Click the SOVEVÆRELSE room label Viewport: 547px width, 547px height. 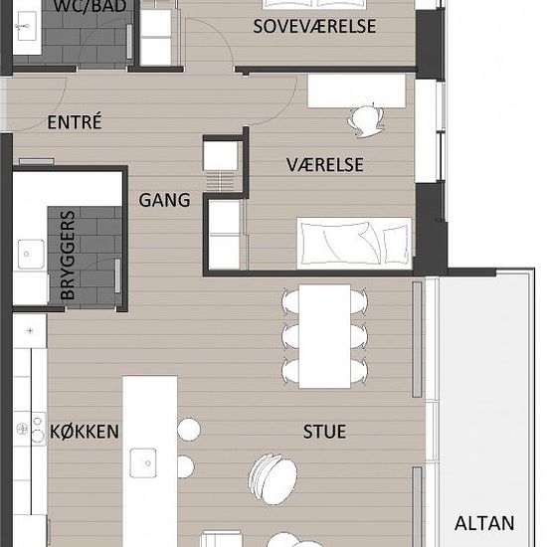[314, 26]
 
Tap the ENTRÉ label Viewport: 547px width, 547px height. [75, 121]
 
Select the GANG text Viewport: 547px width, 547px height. [164, 200]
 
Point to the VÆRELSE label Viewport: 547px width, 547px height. [325, 165]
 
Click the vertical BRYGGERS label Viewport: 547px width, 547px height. [68, 255]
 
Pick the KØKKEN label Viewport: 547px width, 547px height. [85, 432]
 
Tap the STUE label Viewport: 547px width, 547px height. [324, 432]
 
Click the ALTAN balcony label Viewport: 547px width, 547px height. [484, 523]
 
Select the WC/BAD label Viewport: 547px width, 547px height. [90, 6]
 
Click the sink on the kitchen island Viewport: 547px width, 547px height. [143, 462]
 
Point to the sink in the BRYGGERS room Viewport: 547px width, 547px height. [31, 254]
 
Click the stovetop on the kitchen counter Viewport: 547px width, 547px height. [31, 429]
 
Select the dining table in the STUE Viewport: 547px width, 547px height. [324, 336]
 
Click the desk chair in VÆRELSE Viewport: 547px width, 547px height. [366, 120]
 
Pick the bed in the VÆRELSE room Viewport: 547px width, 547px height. [354, 243]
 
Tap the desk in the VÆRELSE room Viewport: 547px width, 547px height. [356, 91]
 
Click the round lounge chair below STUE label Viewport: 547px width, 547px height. [273, 478]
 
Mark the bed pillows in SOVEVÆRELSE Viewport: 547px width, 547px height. [314, 4]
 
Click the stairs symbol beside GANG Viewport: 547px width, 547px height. [220, 181]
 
